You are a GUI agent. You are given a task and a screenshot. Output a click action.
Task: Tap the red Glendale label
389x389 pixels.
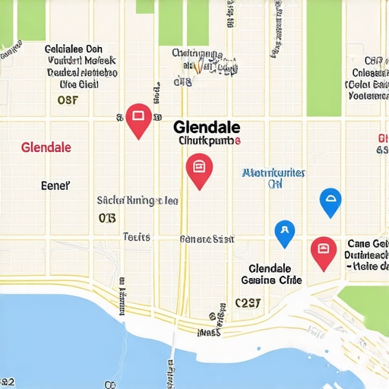(46, 147)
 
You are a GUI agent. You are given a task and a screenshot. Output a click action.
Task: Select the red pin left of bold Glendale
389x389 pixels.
(138, 119)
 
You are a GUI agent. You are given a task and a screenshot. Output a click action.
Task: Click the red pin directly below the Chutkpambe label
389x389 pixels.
(199, 168)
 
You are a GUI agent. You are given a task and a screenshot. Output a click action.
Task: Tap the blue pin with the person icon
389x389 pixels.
(284, 232)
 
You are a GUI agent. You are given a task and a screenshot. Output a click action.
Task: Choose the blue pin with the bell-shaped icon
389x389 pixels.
(330, 202)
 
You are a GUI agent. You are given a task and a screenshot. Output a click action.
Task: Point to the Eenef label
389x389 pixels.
(55, 185)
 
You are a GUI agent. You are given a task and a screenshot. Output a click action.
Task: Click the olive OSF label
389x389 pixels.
(68, 100)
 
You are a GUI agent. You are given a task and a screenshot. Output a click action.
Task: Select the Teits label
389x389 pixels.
(137, 237)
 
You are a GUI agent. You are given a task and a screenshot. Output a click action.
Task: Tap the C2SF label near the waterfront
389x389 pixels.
(248, 302)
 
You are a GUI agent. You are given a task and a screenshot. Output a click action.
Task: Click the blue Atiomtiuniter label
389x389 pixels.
(274, 173)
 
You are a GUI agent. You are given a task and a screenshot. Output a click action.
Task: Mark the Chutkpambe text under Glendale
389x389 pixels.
(209, 141)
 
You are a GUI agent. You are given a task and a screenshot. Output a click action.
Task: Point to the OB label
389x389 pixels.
(107, 218)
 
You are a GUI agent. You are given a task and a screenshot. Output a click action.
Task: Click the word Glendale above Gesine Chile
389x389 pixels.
(270, 269)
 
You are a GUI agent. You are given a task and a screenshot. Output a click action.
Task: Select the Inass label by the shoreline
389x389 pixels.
(209, 332)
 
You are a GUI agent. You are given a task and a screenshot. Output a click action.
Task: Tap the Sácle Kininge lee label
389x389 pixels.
(138, 201)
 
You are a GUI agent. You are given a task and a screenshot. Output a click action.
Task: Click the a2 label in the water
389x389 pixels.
(7, 381)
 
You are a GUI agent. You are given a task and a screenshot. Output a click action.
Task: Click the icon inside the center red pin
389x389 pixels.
(199, 164)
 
